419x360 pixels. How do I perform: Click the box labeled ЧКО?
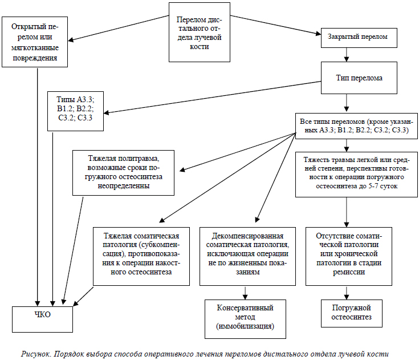[x=42, y=319]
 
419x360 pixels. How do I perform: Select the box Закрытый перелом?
[x=359, y=38]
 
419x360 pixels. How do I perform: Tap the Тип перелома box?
[x=359, y=78]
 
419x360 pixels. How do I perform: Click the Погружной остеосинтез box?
[x=351, y=313]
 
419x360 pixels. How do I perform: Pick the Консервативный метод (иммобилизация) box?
[x=245, y=319]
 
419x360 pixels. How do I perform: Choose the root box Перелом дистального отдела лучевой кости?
[x=200, y=33]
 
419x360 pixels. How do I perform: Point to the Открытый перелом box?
[x=35, y=42]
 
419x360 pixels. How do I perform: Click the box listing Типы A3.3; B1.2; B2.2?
[x=75, y=111]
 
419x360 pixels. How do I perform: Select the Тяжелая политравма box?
[x=124, y=173]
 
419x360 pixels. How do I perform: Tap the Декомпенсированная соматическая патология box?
[x=248, y=257]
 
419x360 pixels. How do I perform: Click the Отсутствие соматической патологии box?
[x=349, y=257]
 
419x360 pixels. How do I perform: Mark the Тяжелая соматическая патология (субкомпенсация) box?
[x=141, y=257]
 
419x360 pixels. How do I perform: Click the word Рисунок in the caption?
[x=36, y=354]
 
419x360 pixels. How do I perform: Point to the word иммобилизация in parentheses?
[x=245, y=326]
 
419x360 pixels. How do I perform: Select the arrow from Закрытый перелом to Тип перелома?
[x=347, y=55]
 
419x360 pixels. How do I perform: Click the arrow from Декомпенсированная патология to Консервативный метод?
[x=245, y=293]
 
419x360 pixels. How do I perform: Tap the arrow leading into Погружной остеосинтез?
[x=347, y=293]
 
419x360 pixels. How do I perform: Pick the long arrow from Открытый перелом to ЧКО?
[x=38, y=187]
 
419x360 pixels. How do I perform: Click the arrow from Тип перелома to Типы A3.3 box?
[x=212, y=97]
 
